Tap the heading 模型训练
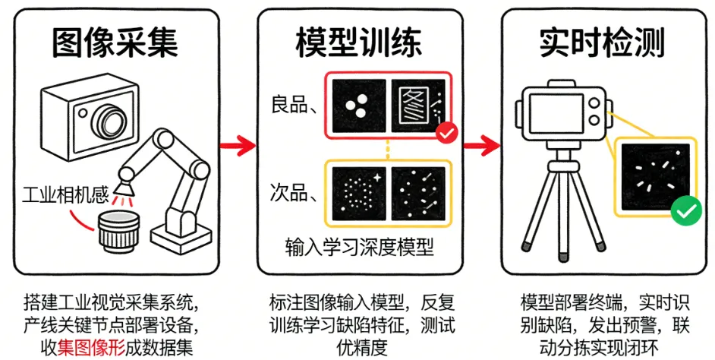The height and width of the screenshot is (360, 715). coord(357,44)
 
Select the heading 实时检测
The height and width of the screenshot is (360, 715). coord(602,43)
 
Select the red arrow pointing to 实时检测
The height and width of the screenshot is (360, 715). coord(480,144)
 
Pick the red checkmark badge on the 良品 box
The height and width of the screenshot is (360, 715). coord(447,134)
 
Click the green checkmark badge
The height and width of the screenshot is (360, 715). coord(686,210)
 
